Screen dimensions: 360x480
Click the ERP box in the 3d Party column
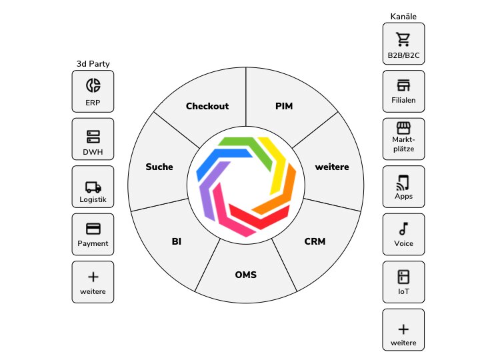93,91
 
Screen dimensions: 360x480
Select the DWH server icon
93,137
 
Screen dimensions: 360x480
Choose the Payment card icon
93,229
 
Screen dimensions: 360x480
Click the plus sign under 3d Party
93,276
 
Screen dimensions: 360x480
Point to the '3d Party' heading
93,64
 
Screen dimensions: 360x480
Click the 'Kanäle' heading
403,16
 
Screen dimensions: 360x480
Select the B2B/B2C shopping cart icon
403,38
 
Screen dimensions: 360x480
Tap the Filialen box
403,91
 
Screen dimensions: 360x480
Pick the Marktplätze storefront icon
403,127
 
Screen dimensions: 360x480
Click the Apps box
403,186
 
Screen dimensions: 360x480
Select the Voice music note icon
403,229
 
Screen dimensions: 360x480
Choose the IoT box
403,281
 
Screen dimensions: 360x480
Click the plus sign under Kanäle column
403,328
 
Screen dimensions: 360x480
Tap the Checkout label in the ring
207,106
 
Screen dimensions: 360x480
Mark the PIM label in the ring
284,106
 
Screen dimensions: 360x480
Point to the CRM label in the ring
315,241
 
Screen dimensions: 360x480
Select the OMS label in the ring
246,275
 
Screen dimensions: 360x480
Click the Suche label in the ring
159,167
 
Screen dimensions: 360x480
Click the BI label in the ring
177,241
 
